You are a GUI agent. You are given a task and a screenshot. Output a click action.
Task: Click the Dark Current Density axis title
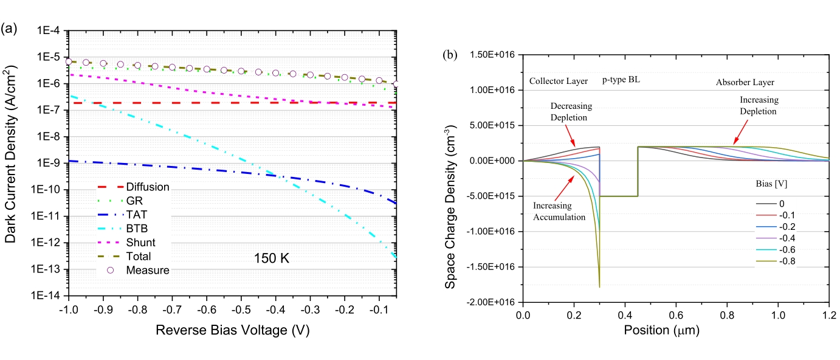click(x=12, y=164)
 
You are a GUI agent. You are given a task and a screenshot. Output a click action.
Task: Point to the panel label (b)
click(x=450, y=55)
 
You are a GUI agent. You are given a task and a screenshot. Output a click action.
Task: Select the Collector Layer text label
click(x=557, y=81)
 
